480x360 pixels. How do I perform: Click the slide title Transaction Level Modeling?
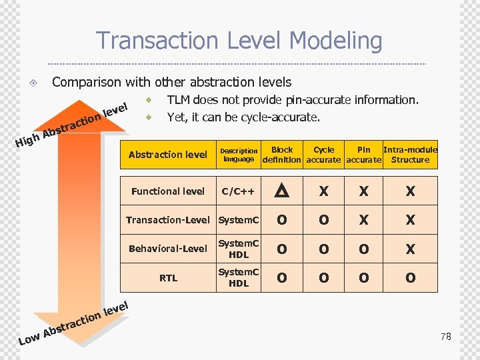239,41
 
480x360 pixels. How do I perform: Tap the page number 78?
445,337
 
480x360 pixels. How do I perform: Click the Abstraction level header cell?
168,155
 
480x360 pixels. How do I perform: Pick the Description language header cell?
239,155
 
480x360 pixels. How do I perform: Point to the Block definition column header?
282,155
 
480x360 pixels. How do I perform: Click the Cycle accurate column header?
323,155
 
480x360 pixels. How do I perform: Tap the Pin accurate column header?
363,155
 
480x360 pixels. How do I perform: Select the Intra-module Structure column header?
410,155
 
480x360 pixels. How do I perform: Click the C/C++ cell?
239,192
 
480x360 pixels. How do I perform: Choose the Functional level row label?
168,192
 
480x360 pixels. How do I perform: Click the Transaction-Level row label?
168,220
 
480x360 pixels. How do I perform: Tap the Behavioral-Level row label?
168,249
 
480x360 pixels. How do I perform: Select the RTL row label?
168,278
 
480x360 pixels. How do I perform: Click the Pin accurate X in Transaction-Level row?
363,220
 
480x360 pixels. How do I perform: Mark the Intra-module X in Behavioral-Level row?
410,249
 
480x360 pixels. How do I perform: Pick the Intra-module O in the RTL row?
410,278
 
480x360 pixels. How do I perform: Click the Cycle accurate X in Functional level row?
323,192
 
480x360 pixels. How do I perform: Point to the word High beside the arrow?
27,140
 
